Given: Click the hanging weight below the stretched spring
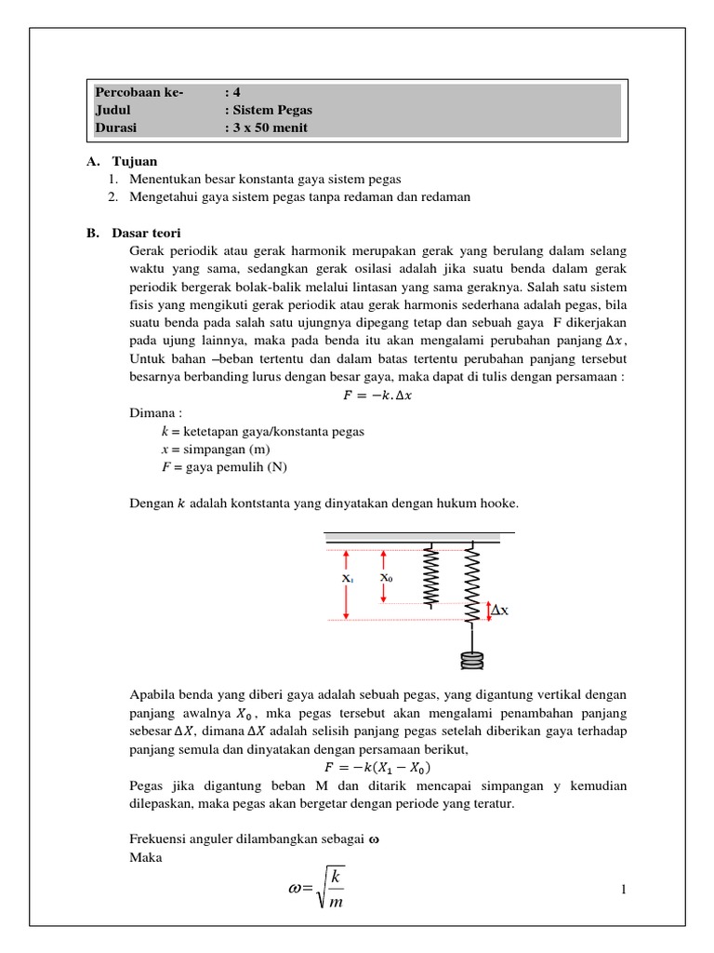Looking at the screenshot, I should tap(473, 662).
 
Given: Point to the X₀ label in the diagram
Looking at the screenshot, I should tap(386, 578).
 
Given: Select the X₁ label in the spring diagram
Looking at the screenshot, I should tap(347, 578).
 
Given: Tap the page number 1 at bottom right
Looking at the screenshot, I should tap(624, 891).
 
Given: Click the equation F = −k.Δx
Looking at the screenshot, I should tap(377, 396).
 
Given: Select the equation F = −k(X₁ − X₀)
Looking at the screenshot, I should tap(377, 768).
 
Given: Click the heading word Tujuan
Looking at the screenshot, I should tap(135, 161).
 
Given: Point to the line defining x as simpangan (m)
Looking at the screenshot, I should tap(214, 450).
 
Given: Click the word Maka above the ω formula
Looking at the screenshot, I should tap(146, 857).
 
